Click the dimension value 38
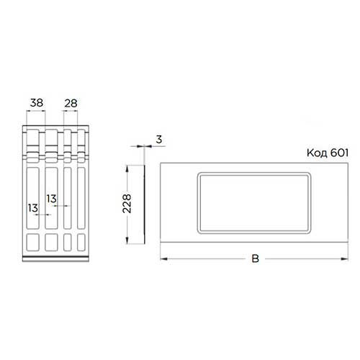37,103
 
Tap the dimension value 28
71,104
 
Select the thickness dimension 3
159,140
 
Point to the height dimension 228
127,204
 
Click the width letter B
256,258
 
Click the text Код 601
328,153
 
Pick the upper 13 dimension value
51,199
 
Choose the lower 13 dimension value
33,208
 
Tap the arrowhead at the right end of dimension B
345,258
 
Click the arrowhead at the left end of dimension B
163,258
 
